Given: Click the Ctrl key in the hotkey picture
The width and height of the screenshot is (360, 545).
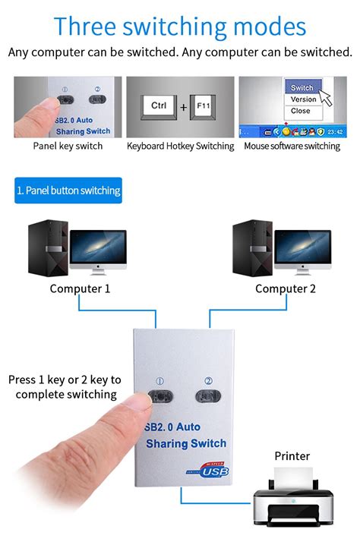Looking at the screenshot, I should coord(159,106).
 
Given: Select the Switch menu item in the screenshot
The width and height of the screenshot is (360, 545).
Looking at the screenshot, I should coord(302,87).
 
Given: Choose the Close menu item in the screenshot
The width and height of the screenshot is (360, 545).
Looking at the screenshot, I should coord(301,111).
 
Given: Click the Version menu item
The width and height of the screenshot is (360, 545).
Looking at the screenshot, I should coord(303,99).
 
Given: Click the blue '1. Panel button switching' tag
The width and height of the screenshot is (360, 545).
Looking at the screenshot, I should coord(68,191).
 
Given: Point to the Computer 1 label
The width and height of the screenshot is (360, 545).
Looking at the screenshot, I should coord(81,288).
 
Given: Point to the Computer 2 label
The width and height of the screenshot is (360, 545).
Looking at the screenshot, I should coord(286,288).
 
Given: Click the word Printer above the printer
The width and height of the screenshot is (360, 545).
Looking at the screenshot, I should coord(292,456).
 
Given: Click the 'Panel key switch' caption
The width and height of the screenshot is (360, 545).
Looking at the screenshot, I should coord(68,146).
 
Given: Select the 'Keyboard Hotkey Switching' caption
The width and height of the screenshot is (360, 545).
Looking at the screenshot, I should coord(180,146).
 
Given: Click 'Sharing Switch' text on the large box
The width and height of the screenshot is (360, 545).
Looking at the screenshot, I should coord(186,444).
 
